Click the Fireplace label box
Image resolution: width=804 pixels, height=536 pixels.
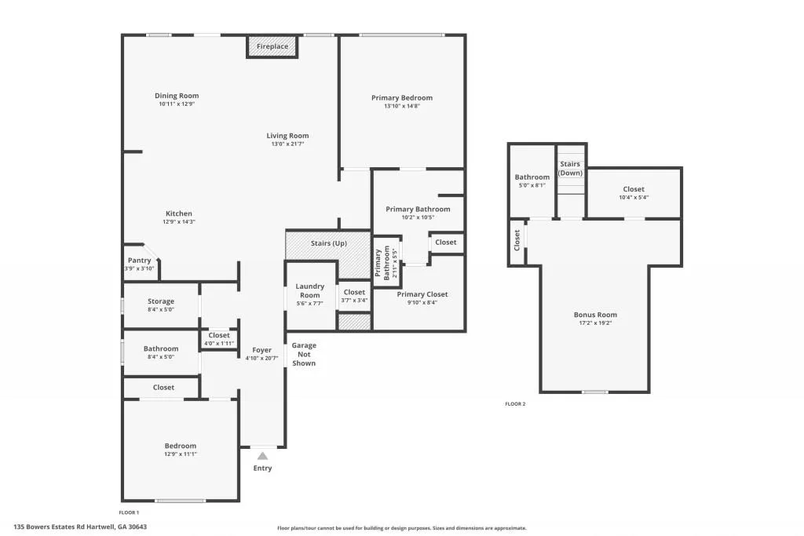point(272,46)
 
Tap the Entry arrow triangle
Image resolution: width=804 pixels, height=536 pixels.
point(262,456)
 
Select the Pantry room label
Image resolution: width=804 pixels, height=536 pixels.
point(139,261)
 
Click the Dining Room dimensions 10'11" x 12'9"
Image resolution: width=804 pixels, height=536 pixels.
point(176,104)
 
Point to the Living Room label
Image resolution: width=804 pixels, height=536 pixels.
point(287,136)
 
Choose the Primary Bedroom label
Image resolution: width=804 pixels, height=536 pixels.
point(401,98)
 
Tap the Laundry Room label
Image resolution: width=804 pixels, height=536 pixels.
point(309,290)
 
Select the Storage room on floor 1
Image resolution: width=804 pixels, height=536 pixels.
point(161,301)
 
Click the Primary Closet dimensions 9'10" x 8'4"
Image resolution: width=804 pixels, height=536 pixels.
point(422,303)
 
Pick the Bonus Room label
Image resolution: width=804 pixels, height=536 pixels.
point(595,315)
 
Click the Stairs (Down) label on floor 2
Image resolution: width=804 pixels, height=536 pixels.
point(570,168)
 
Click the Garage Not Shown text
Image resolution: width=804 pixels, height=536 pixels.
point(304,354)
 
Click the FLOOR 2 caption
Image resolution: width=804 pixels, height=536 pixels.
point(514,404)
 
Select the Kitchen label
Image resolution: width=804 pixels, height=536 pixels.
point(178,213)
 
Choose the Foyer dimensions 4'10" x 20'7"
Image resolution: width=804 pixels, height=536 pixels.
point(261,358)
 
